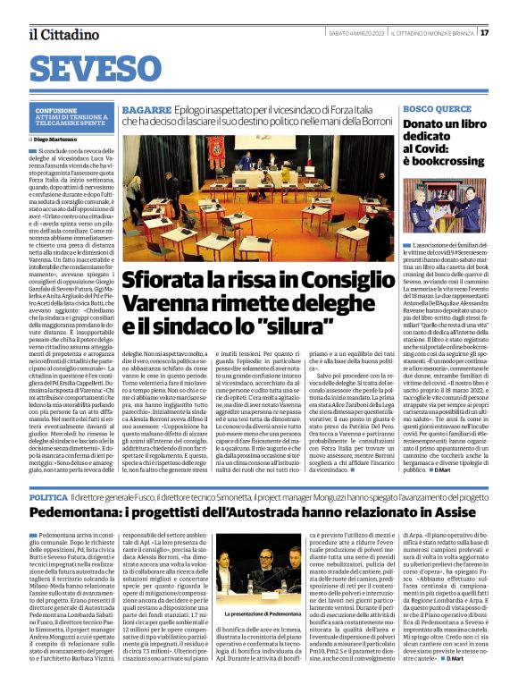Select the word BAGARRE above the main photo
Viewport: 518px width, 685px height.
click(x=146, y=109)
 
